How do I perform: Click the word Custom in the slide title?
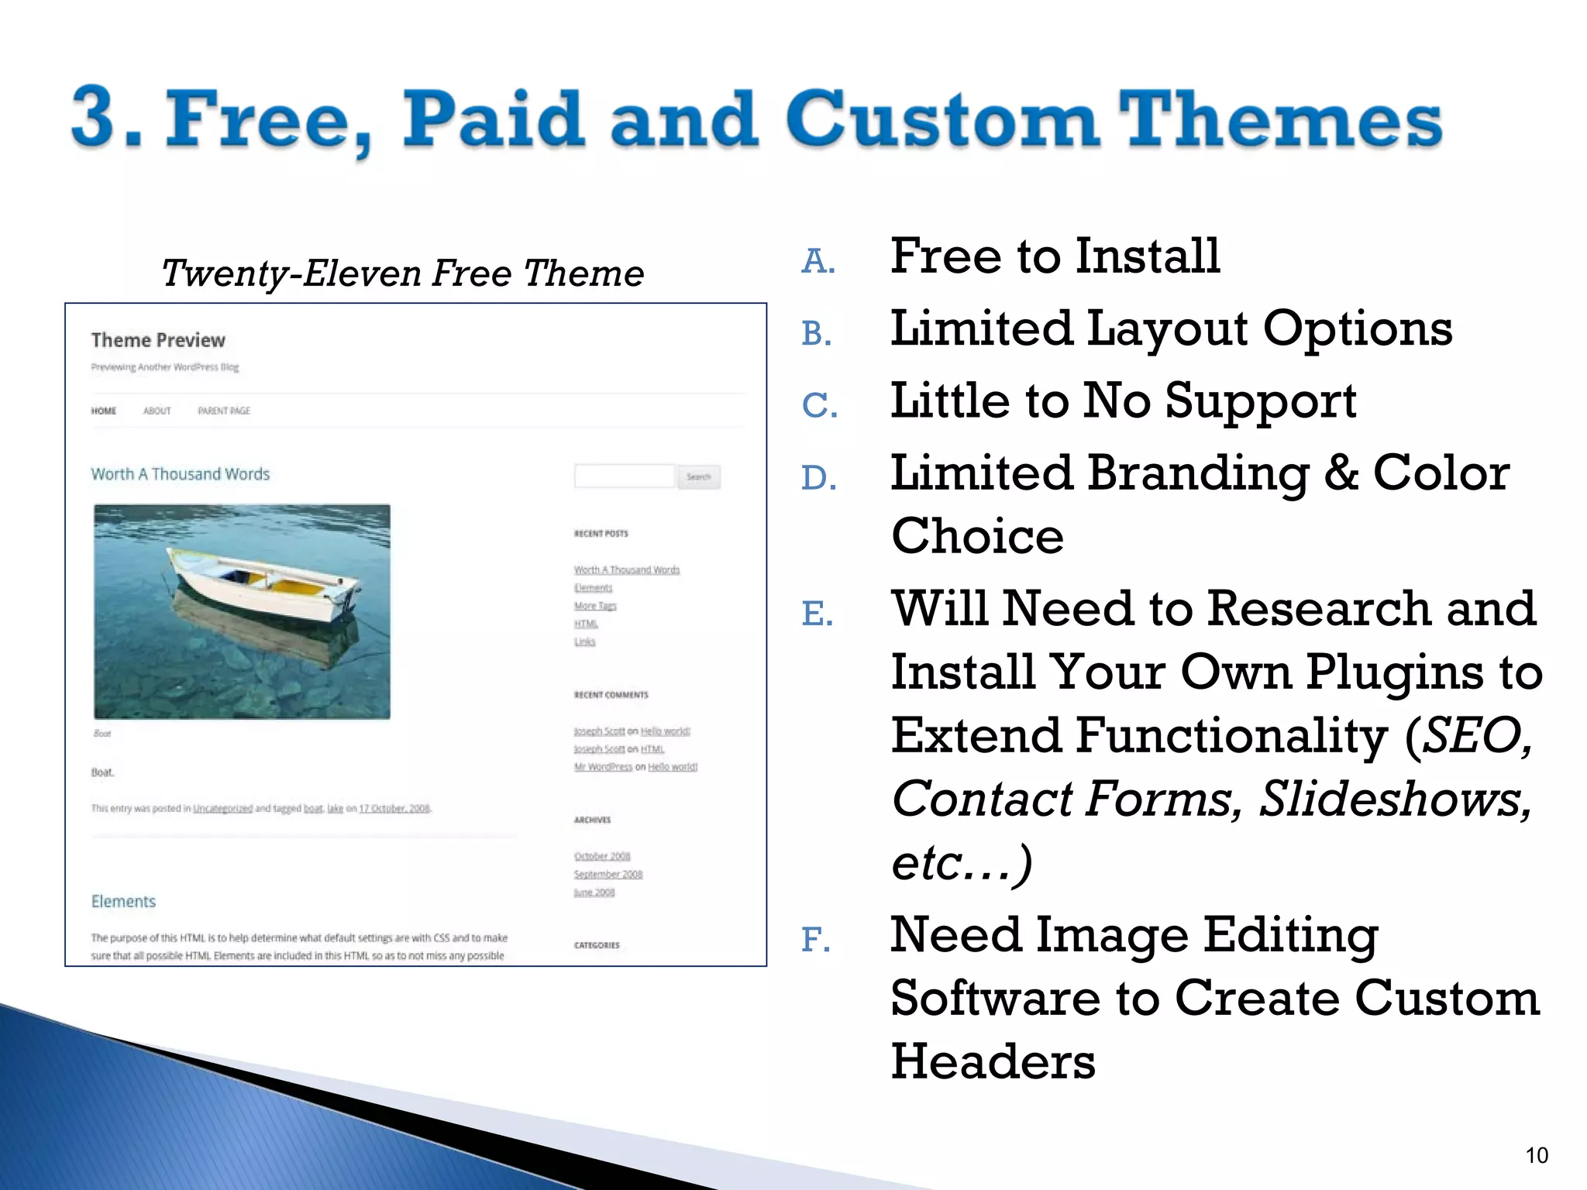coord(945,120)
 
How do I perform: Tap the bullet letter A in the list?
coord(818,261)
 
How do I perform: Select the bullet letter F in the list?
coord(815,940)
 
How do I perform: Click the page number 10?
coord(1536,1155)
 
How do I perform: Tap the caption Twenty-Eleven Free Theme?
coord(402,273)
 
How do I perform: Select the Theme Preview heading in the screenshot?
coord(158,340)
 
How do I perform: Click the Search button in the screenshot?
coord(698,476)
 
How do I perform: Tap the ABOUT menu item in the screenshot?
coord(157,411)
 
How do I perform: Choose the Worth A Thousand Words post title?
coord(181,474)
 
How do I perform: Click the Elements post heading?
coord(123,901)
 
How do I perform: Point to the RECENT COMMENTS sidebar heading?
coord(611,695)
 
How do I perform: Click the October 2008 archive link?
coord(602,856)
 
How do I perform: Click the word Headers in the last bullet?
coord(993,1061)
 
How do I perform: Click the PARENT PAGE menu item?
coord(224,411)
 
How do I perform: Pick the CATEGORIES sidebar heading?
coord(597,945)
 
